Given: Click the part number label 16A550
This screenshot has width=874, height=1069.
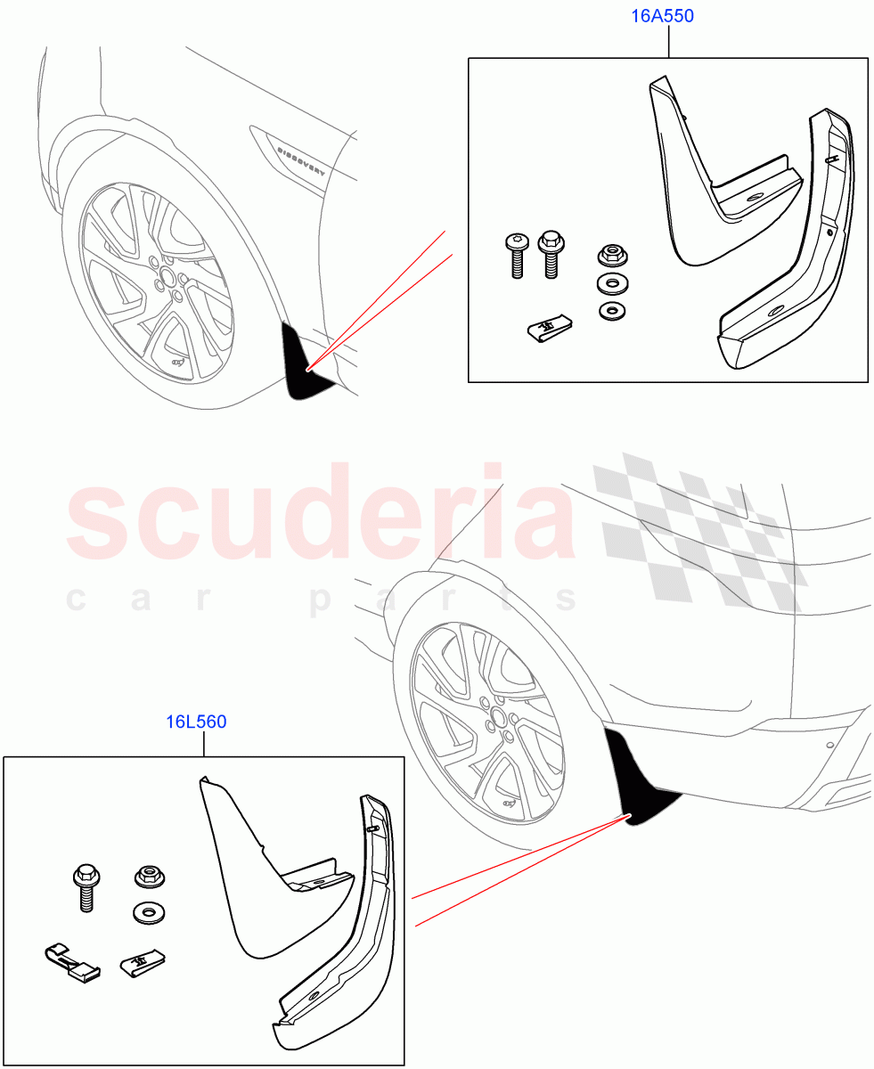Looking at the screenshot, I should [x=663, y=16].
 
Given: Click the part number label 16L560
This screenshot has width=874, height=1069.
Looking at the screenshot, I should [x=196, y=722].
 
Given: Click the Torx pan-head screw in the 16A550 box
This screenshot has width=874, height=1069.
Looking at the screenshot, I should [x=517, y=255].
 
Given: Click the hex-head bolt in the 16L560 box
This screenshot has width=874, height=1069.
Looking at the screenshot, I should [x=86, y=886].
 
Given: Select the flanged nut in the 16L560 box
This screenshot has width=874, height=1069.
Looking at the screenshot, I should [x=145, y=877].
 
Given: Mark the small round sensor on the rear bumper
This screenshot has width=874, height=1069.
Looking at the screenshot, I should [x=830, y=745].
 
